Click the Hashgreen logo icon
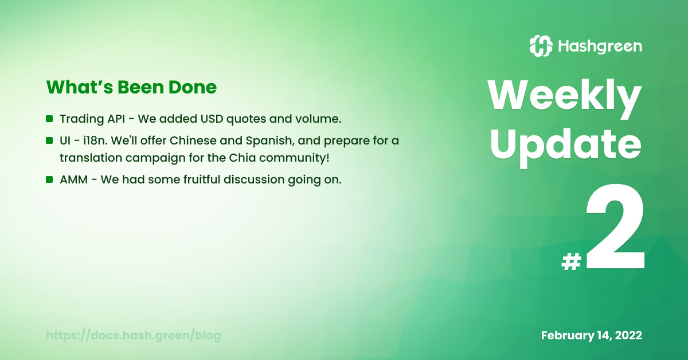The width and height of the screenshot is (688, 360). [x=541, y=46]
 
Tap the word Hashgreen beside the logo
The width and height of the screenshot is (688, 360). [x=600, y=46]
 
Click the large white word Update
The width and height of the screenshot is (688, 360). [x=565, y=147]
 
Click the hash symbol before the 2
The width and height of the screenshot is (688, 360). [x=572, y=262]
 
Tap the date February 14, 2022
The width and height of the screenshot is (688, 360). [x=591, y=335]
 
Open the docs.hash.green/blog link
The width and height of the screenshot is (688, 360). [x=133, y=335]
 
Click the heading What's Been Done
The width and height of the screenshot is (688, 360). [x=131, y=87]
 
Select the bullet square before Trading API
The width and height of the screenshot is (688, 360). [x=49, y=119]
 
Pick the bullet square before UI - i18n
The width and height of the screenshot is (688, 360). [x=49, y=140]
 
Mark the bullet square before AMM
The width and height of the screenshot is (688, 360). [x=49, y=179]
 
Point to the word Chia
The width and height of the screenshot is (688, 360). [x=242, y=158]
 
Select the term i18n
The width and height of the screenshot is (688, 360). [x=95, y=140]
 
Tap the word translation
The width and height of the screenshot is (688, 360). [x=91, y=158]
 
